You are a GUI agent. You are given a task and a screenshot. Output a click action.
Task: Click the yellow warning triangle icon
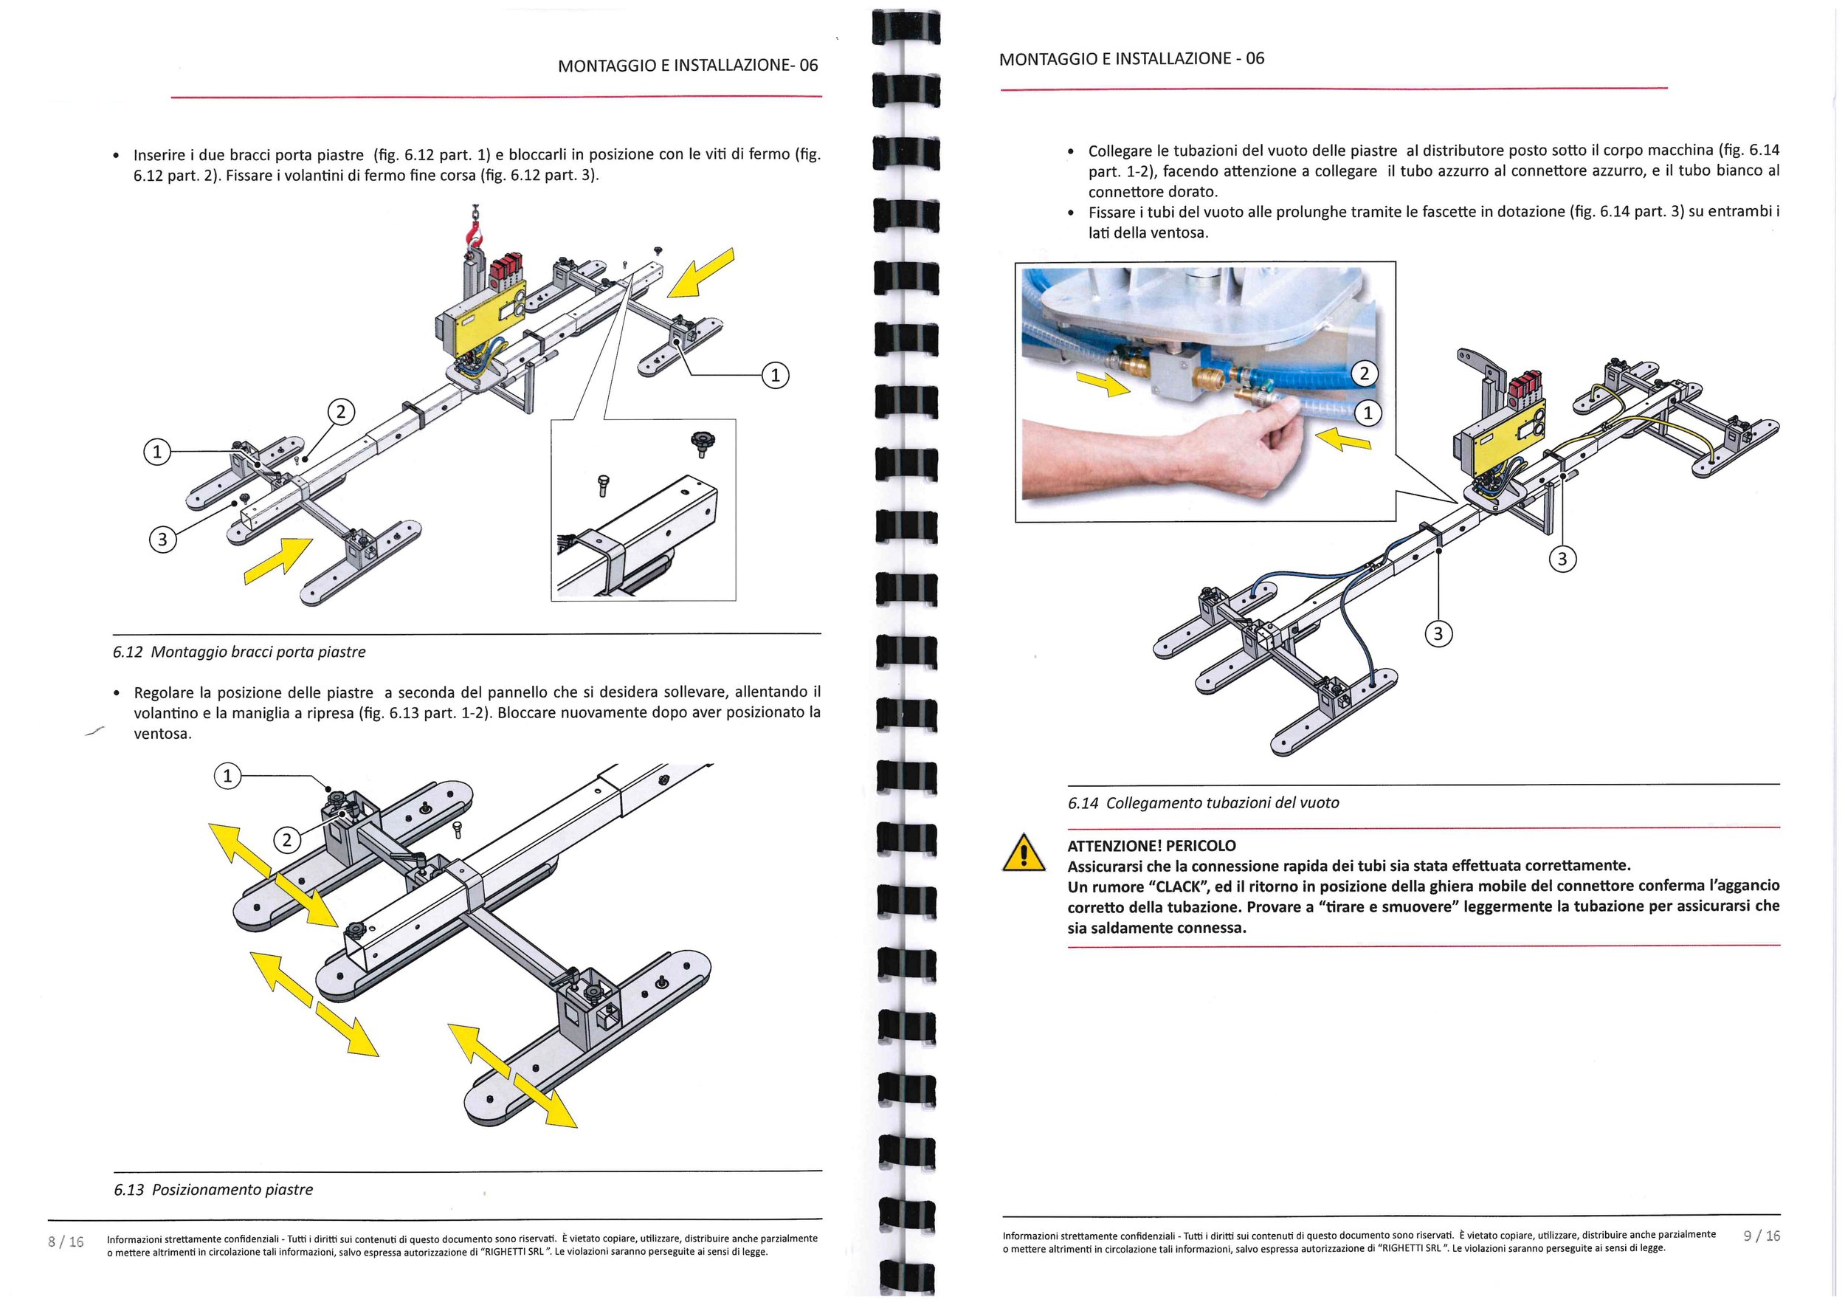click(x=1024, y=854)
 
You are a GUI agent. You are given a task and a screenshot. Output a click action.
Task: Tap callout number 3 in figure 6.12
click(x=162, y=539)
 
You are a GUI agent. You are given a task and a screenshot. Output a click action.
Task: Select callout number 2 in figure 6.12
click(x=341, y=412)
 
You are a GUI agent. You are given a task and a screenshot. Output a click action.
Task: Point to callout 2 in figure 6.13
click(x=287, y=841)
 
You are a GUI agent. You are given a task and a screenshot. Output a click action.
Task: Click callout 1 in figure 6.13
click(x=227, y=776)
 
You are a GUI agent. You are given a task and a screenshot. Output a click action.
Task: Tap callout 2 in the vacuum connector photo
click(x=1364, y=373)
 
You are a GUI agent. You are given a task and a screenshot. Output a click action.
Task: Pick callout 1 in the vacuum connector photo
click(x=1368, y=414)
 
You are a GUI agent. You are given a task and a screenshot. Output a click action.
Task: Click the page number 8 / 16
click(x=66, y=1242)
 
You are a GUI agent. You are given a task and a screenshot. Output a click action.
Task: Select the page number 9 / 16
click(x=1762, y=1236)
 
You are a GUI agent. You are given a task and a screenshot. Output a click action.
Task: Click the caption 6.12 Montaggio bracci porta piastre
click(x=238, y=652)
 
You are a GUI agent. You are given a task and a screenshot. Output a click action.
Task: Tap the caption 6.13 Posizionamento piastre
click(x=213, y=1189)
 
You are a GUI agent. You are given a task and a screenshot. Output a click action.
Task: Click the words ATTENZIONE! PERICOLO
click(x=1151, y=845)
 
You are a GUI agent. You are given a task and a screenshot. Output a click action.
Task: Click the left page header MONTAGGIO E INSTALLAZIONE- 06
click(x=688, y=66)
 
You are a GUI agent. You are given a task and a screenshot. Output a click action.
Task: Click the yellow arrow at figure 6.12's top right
click(x=702, y=275)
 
